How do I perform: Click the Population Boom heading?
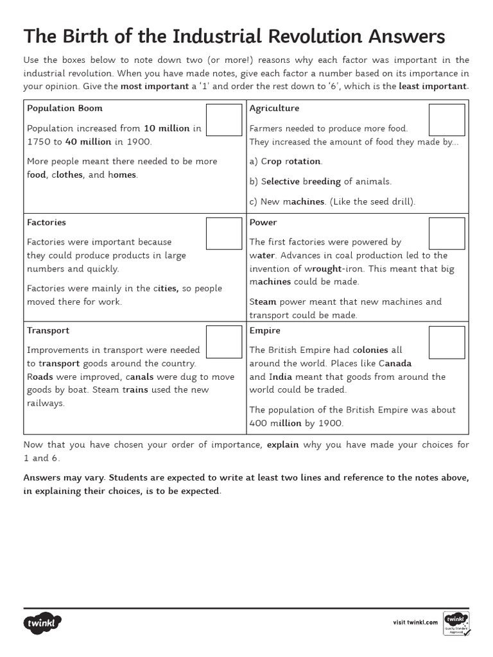click(x=64, y=108)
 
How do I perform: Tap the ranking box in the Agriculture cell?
click(x=446, y=120)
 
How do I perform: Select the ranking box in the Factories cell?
click(x=224, y=234)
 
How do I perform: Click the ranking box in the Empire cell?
click(x=446, y=342)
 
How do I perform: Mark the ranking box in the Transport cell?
click(x=224, y=342)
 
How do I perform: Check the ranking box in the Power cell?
click(x=446, y=234)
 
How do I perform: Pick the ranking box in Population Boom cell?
click(x=224, y=120)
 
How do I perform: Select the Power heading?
click(x=263, y=223)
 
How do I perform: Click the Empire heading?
click(x=264, y=331)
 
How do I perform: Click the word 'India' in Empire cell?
click(x=280, y=377)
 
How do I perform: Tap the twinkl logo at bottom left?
click(x=42, y=622)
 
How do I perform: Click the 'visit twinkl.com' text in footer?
click(x=415, y=622)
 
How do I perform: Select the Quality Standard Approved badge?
click(x=456, y=622)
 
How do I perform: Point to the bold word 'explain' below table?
click(x=282, y=445)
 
